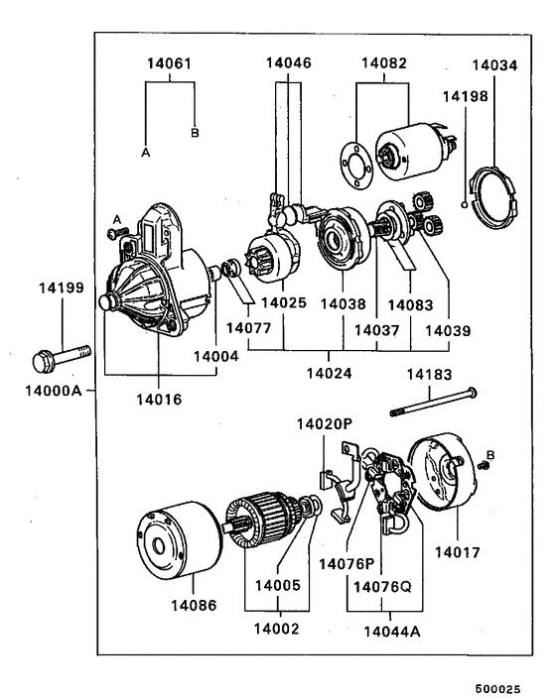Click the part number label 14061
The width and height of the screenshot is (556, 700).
[170, 63]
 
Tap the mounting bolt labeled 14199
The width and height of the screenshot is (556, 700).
[63, 357]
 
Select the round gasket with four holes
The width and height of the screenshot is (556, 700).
[355, 166]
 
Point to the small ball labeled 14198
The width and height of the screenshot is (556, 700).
[465, 205]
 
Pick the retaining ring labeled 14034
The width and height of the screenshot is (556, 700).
[493, 196]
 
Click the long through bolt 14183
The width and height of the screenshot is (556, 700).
[434, 402]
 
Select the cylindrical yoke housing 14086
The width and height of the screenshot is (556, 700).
[179, 541]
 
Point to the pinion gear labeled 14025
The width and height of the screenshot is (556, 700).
[271, 258]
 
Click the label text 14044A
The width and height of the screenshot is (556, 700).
[392, 632]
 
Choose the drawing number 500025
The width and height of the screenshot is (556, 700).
[497, 689]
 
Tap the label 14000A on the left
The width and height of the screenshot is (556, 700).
[54, 391]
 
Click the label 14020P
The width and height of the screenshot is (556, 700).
[325, 423]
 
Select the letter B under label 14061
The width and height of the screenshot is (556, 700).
[195, 133]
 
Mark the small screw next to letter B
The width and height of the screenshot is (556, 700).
[483, 466]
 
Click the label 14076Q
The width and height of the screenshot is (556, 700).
[382, 587]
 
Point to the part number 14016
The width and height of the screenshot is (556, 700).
[159, 400]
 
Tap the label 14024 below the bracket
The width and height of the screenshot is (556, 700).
[329, 373]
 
